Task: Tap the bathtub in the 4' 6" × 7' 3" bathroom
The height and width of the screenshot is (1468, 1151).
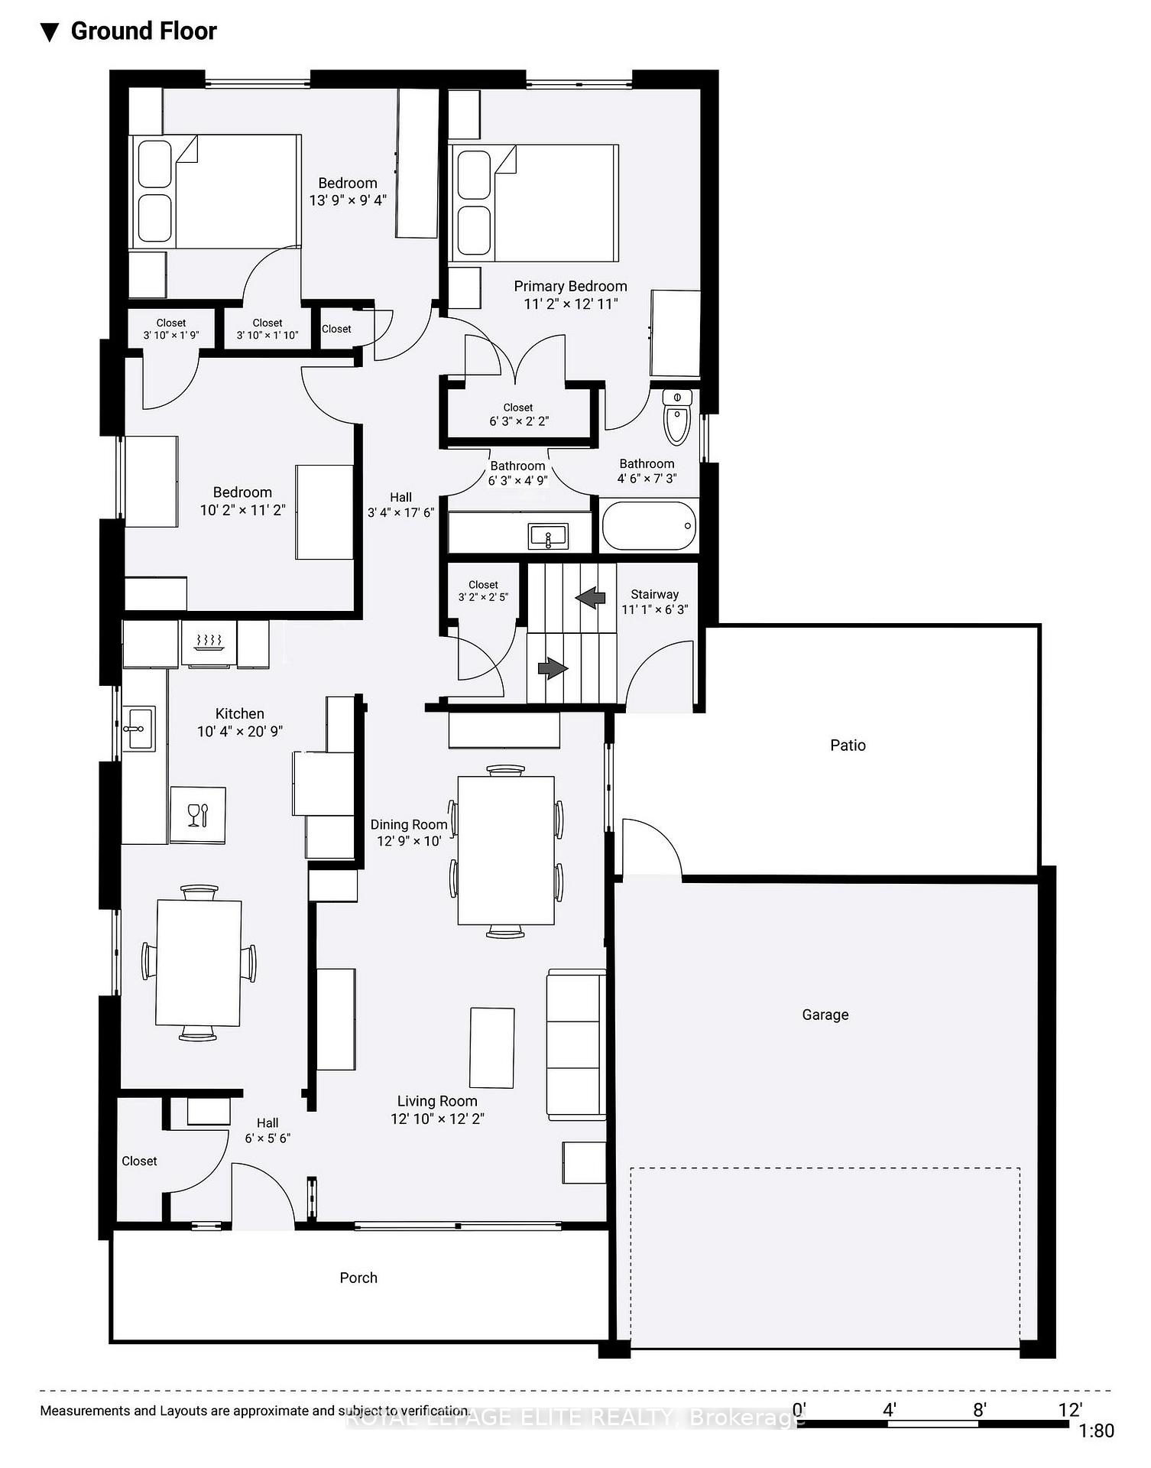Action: pos(649,525)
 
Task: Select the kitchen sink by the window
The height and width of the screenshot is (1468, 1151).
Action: pos(138,728)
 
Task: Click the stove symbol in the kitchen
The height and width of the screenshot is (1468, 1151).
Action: pos(209,641)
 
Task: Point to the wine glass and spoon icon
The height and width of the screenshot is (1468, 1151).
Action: pos(197,814)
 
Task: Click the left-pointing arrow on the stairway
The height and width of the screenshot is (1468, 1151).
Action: pos(590,597)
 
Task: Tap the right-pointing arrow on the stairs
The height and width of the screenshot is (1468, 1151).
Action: pos(553,668)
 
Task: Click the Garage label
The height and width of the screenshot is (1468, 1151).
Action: pos(825,1015)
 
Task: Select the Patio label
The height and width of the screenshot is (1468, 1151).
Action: pos(848,745)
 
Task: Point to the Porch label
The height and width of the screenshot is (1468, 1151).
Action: pos(358,1278)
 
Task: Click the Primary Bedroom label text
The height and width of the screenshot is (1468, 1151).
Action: pos(570,286)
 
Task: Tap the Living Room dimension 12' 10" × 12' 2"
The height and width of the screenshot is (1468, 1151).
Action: pos(437,1119)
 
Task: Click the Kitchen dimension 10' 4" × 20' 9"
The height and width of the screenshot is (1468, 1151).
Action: pos(240,731)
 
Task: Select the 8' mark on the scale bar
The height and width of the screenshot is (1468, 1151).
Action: pos(980,1409)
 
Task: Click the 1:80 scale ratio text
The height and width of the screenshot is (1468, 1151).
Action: pos(1096,1431)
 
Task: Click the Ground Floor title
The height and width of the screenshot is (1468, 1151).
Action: pos(144,31)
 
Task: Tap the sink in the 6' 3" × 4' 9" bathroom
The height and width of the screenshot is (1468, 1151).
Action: pos(548,536)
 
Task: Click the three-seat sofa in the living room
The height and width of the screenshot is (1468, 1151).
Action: pos(576,1045)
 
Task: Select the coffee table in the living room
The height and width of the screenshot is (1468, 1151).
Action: pos(491,1047)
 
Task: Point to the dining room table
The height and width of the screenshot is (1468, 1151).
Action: pos(506,850)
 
